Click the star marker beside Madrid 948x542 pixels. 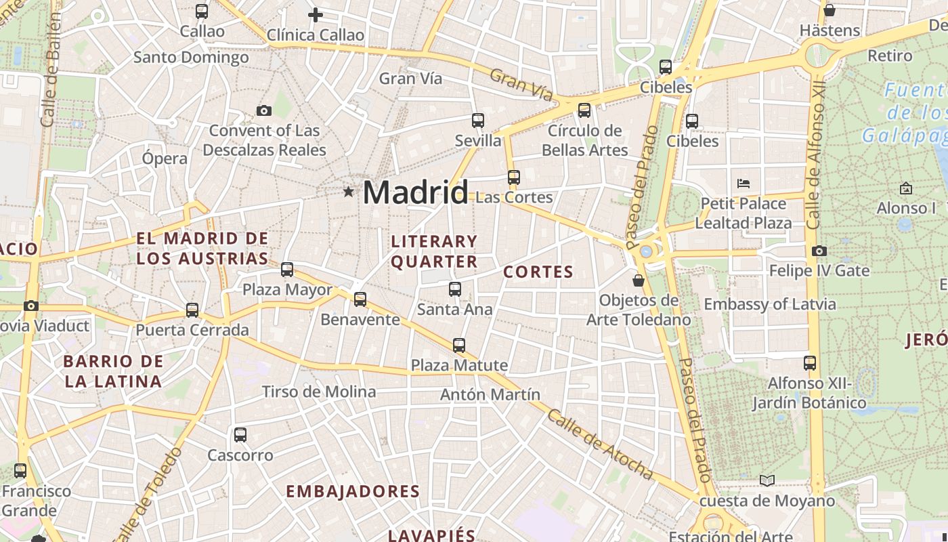tap(349, 192)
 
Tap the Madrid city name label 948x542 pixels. tap(415, 192)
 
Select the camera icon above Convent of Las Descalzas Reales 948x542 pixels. tap(264, 110)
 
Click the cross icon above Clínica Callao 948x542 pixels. tap(315, 14)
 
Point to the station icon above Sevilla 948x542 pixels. tap(478, 121)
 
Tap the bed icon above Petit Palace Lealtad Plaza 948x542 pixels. tap(744, 183)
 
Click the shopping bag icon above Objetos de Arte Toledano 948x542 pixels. tap(638, 280)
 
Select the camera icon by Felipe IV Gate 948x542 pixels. tap(819, 251)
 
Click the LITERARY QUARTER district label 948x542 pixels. tap(434, 251)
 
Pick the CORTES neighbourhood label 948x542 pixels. tap(538, 272)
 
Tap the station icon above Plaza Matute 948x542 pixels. tap(459, 346)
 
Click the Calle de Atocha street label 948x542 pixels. tap(599, 444)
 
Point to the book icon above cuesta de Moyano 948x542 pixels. tap(767, 480)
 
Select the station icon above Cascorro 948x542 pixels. tap(240, 435)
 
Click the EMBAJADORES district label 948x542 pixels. tap(353, 491)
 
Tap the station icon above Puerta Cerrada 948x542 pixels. tap(192, 310)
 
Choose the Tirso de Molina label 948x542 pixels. tap(318, 392)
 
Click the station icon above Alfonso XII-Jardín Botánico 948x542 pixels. tap(810, 362)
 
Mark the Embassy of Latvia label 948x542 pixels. tap(770, 304)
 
